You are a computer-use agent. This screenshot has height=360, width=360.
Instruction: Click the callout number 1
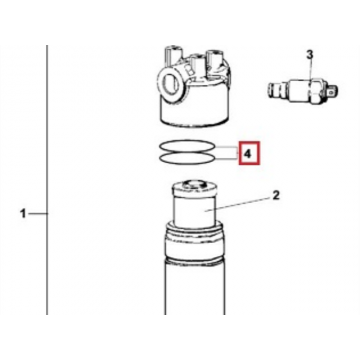[23, 213]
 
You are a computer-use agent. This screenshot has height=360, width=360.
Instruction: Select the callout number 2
[276, 196]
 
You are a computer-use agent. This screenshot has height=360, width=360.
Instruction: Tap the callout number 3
[310, 54]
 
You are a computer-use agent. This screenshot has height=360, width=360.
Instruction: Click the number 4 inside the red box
[248, 154]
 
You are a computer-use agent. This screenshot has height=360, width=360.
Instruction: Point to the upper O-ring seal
[187, 141]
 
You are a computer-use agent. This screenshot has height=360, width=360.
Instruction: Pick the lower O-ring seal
[187, 163]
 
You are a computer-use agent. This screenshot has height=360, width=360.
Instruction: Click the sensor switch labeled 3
[303, 90]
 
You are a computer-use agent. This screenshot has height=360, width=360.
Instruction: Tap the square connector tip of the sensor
[333, 89]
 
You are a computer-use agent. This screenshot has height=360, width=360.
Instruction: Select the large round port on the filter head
[170, 83]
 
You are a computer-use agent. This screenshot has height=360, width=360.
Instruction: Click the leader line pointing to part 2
[238, 205]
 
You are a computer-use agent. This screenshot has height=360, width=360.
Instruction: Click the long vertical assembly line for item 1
[47, 180]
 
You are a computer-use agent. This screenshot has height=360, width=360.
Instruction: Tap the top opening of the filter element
[194, 184]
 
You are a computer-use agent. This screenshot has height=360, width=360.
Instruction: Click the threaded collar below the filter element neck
[194, 242]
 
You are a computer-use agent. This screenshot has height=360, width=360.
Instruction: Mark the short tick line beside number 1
[38, 214]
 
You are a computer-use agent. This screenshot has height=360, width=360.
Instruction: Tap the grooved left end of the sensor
[277, 90]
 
